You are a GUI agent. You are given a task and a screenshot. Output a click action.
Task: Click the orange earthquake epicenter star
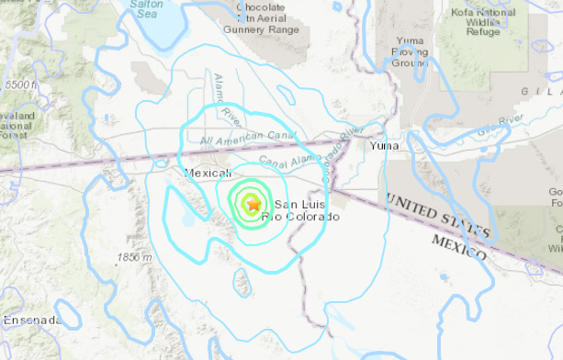[252, 205]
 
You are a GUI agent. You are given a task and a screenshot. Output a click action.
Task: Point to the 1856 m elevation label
[135, 258]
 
